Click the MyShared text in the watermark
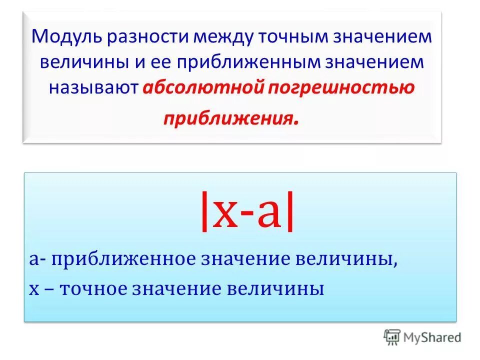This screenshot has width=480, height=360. [x=432, y=338]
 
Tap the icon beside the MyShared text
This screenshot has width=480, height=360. [x=392, y=337]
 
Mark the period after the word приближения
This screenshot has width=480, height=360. [x=298, y=122]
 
